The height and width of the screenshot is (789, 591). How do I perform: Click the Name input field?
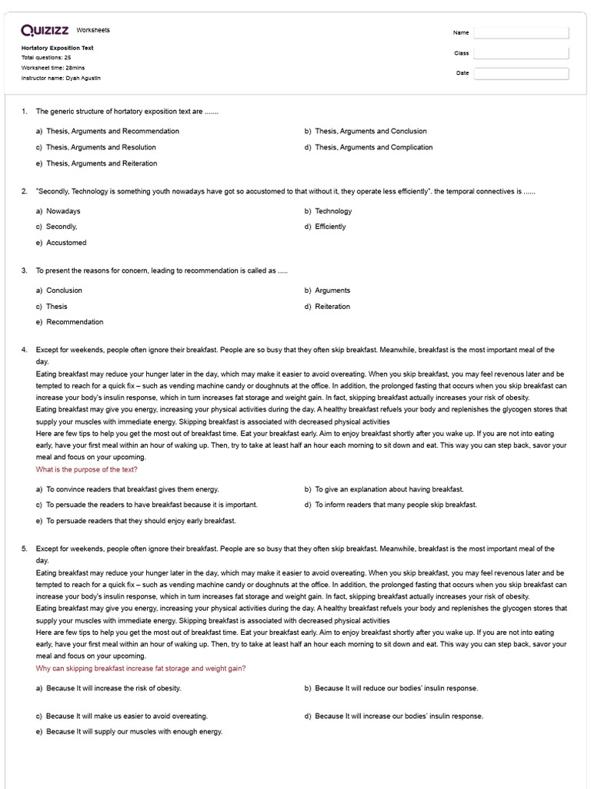(x=521, y=32)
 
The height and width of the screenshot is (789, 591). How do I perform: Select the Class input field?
(x=521, y=53)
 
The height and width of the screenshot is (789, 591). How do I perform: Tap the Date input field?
(x=521, y=73)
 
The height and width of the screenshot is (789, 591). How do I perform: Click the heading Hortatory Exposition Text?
(x=58, y=48)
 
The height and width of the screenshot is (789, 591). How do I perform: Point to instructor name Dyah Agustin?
(x=61, y=78)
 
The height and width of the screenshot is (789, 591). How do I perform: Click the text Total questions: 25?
(x=46, y=58)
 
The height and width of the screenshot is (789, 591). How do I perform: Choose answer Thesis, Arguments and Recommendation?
(x=112, y=131)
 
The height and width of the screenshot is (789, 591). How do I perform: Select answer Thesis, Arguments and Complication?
(x=373, y=147)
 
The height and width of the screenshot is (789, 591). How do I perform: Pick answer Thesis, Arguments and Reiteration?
(x=101, y=163)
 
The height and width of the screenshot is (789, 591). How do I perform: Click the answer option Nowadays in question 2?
(x=63, y=211)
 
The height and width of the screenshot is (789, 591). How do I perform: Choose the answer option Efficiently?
(x=330, y=227)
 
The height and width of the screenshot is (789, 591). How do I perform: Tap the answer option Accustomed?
(x=66, y=243)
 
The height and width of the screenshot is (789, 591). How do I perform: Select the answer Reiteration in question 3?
(x=332, y=307)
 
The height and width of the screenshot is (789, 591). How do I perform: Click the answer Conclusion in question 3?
(x=64, y=290)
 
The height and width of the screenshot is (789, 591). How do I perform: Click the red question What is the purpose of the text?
(x=87, y=469)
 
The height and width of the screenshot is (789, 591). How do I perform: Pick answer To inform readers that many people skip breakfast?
(x=396, y=505)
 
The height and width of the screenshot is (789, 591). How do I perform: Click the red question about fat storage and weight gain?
(x=141, y=668)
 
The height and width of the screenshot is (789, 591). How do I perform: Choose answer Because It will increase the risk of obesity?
(x=113, y=688)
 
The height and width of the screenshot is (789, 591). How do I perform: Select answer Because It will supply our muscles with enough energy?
(x=134, y=731)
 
